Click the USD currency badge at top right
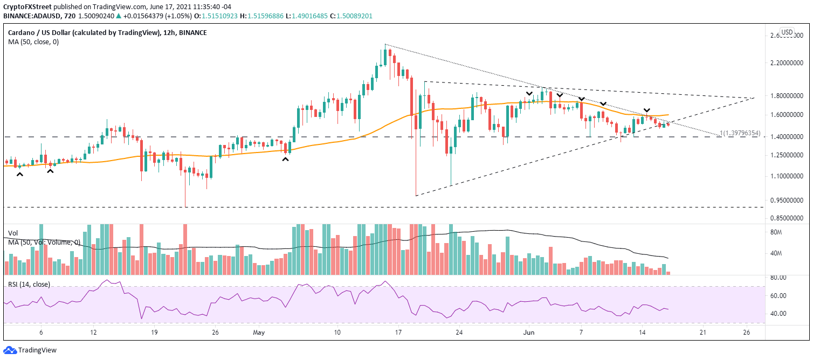tap(787, 32)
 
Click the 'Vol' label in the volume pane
tap(13, 233)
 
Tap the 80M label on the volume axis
tap(776, 233)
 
